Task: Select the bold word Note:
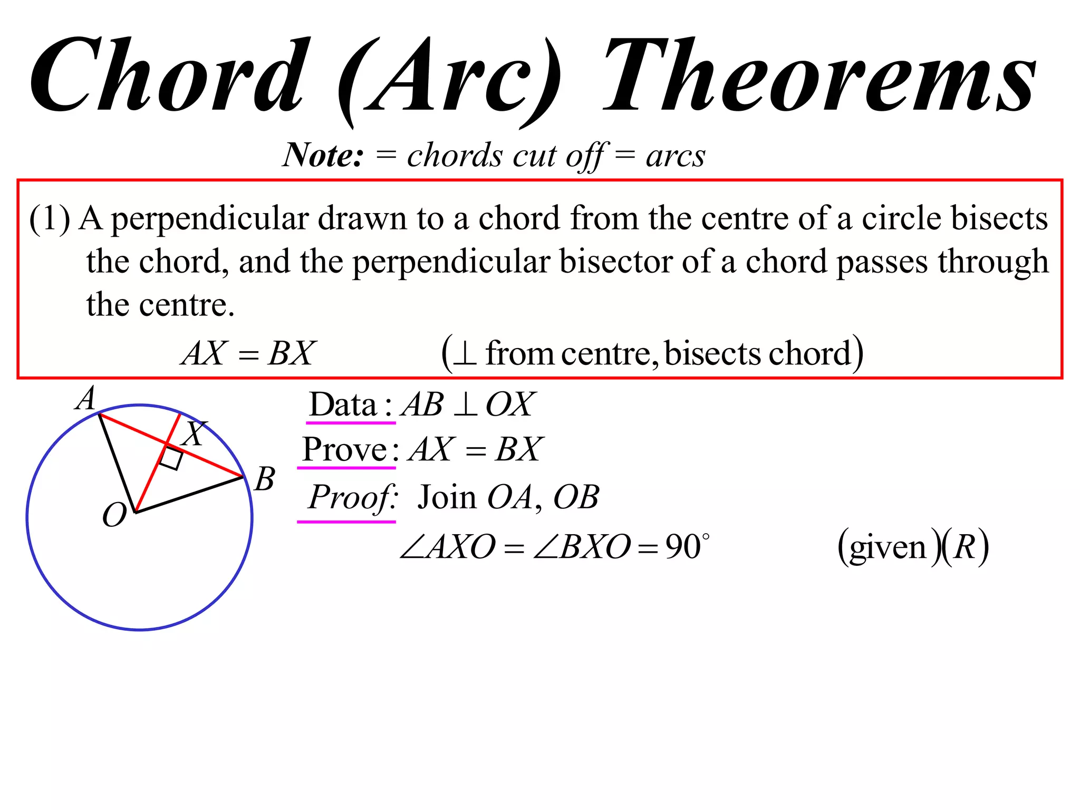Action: [323, 156]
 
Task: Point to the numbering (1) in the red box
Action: [49, 218]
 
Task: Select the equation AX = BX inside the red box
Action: [248, 353]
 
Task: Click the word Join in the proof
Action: [447, 497]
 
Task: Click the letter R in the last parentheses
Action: [965, 547]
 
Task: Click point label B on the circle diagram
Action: [264, 479]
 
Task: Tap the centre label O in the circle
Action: [114, 515]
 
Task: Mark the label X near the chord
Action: [194, 433]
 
